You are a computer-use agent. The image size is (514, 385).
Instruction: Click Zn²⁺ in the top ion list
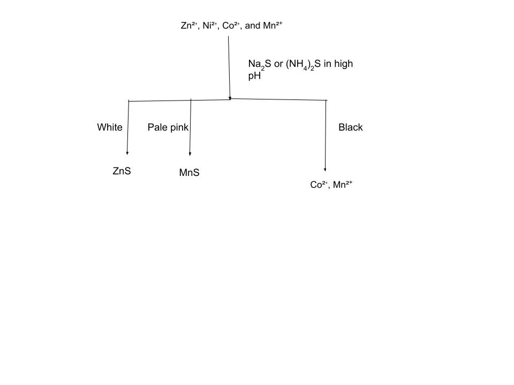(190, 25)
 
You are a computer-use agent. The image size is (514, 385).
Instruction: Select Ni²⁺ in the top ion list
(210, 25)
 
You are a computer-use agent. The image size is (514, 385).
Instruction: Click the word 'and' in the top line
(252, 25)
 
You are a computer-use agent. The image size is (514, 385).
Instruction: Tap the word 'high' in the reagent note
(343, 64)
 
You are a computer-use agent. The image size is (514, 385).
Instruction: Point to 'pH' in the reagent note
(254, 76)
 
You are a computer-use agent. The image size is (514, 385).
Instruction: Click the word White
(110, 127)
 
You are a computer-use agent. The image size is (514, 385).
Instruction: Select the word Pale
(157, 127)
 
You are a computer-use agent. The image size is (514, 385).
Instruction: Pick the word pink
(179, 127)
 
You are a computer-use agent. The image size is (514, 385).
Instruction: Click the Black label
(351, 127)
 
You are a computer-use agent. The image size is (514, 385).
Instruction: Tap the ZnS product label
(122, 171)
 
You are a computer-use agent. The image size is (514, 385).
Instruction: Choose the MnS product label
(189, 173)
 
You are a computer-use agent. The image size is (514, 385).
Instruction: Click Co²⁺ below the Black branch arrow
(319, 185)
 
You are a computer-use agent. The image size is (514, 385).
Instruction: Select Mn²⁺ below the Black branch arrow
(342, 185)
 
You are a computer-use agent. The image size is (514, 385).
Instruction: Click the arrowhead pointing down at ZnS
(127, 153)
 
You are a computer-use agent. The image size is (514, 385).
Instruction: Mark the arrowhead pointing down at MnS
(190, 153)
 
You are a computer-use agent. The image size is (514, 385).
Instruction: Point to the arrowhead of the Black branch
(325, 169)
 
